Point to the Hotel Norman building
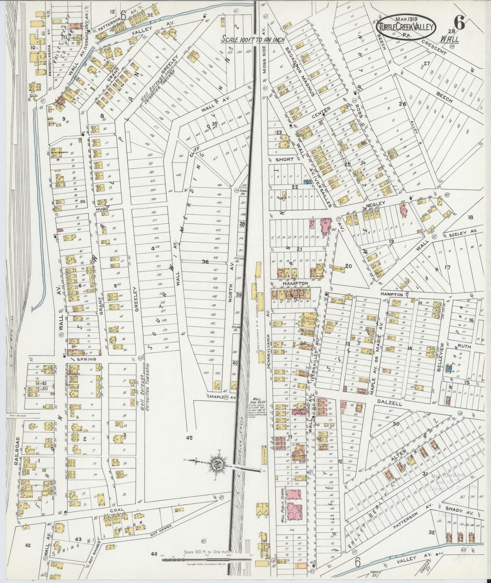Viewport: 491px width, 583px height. tap(58, 152)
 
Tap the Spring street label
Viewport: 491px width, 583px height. tap(88, 359)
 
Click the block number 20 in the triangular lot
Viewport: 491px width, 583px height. tap(348, 266)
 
